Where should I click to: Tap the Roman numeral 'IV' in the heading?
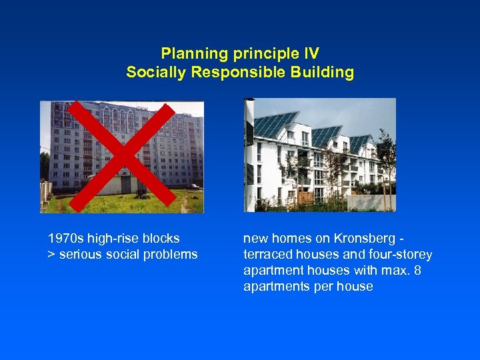click(309, 53)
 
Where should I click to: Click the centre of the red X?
click(122, 156)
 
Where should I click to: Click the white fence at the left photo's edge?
click(45, 193)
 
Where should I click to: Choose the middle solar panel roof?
click(327, 135)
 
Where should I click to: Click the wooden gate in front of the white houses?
click(305, 197)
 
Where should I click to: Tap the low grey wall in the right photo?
click(370, 202)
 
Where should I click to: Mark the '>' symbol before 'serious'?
click(51, 254)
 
